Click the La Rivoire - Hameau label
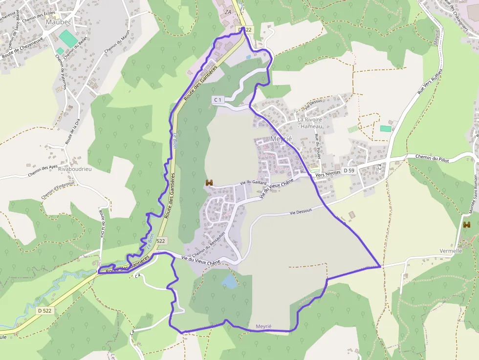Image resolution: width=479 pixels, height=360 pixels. (x=310, y=123)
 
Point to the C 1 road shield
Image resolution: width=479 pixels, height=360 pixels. (x=218, y=100)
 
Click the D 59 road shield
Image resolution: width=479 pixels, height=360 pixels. (x=348, y=170)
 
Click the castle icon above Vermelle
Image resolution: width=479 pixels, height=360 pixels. (x=467, y=225)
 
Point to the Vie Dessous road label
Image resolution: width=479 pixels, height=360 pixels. (x=301, y=212)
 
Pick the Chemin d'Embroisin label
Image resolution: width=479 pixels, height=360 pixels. (x=57, y=190)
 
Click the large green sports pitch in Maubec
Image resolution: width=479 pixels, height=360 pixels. (x=65, y=37)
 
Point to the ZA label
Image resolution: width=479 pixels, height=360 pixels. (x=227, y=12)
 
